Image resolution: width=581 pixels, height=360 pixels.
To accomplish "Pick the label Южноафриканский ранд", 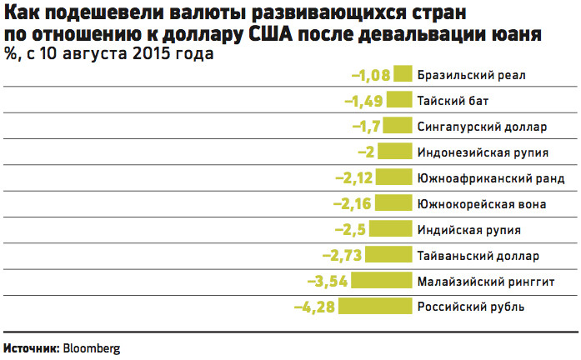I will (x=490, y=178).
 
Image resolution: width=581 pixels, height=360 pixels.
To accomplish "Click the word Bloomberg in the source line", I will (x=92, y=347).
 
